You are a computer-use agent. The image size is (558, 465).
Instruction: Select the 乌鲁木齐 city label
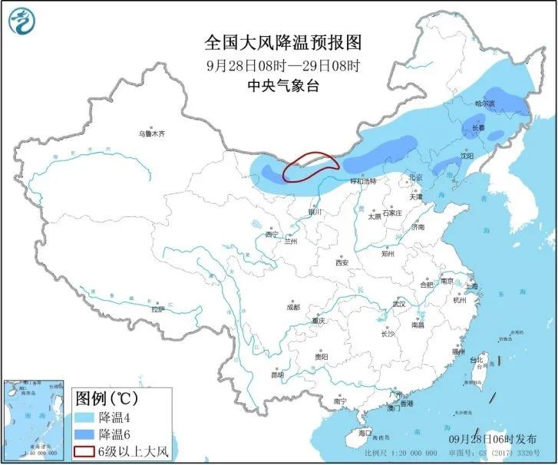click(x=151, y=134)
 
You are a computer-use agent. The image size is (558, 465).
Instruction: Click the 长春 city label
click(x=478, y=127)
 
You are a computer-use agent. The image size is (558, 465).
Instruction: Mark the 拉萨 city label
click(x=157, y=310)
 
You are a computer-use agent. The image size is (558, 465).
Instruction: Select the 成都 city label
click(x=293, y=307)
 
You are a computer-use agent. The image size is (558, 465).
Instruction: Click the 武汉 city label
click(x=398, y=304)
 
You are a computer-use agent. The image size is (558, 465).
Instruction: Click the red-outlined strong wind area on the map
click(x=309, y=166)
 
